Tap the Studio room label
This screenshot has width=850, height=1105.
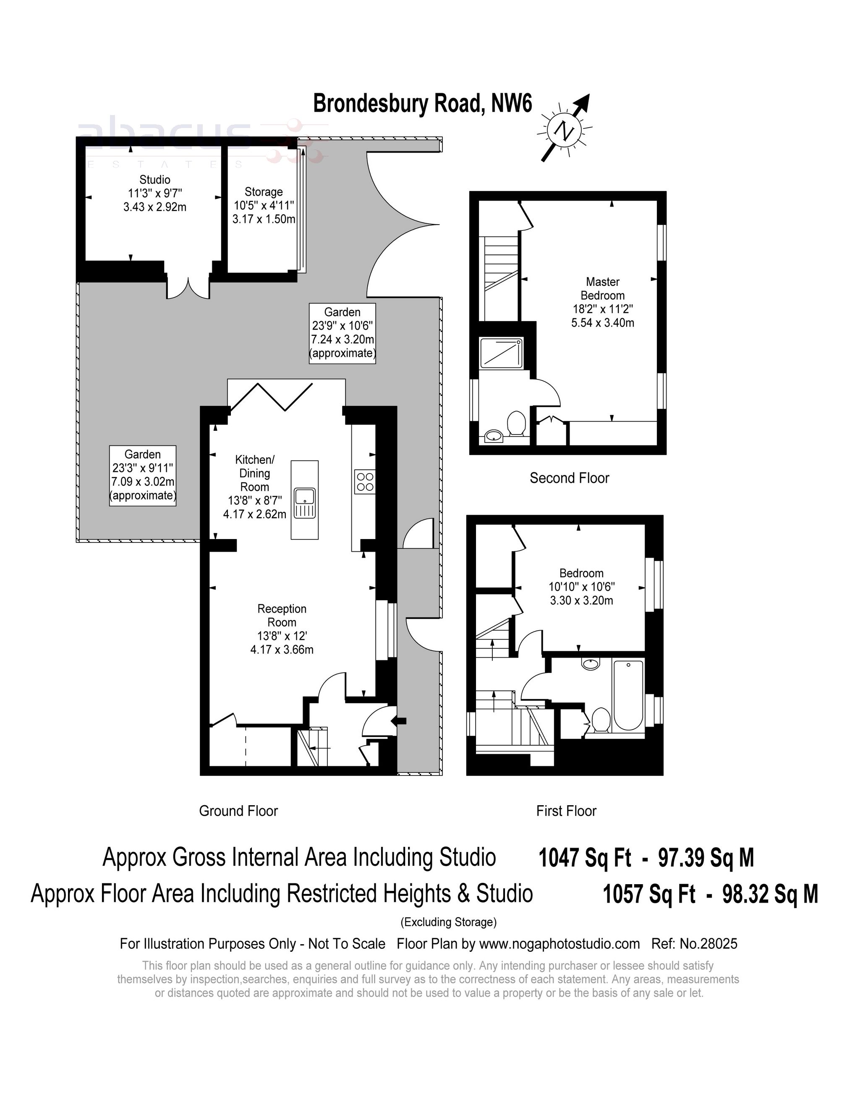tap(155, 193)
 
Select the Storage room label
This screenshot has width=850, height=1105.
tap(264, 205)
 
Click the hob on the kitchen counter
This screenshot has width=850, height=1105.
tap(365, 482)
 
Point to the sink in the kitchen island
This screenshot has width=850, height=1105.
tap(305, 503)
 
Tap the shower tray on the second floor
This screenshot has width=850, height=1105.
tap(501, 353)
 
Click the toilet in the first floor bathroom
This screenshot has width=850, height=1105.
tap(601, 720)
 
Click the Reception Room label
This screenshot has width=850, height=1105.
tap(282, 629)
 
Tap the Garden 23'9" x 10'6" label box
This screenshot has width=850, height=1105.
tap(343, 333)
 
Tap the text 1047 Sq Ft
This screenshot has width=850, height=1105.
tap(585, 858)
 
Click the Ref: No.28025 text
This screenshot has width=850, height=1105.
tap(694, 944)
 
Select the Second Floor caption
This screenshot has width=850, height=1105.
tap(569, 478)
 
